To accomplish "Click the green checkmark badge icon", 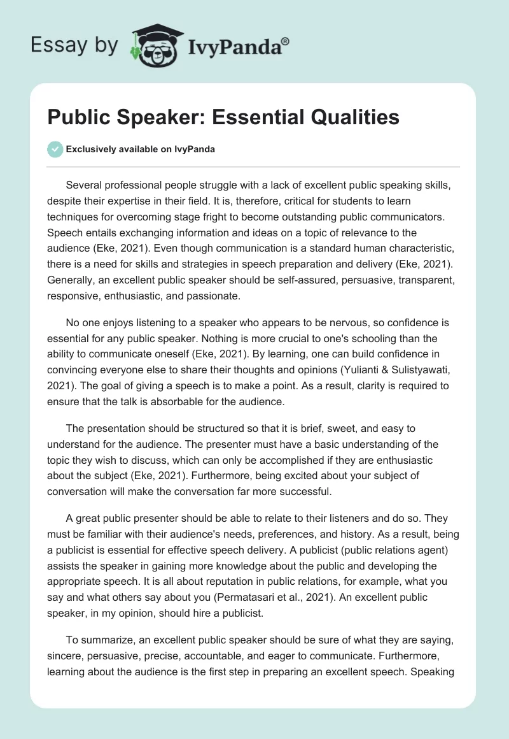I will coord(55,149).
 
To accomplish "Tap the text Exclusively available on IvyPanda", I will coord(141,149).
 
